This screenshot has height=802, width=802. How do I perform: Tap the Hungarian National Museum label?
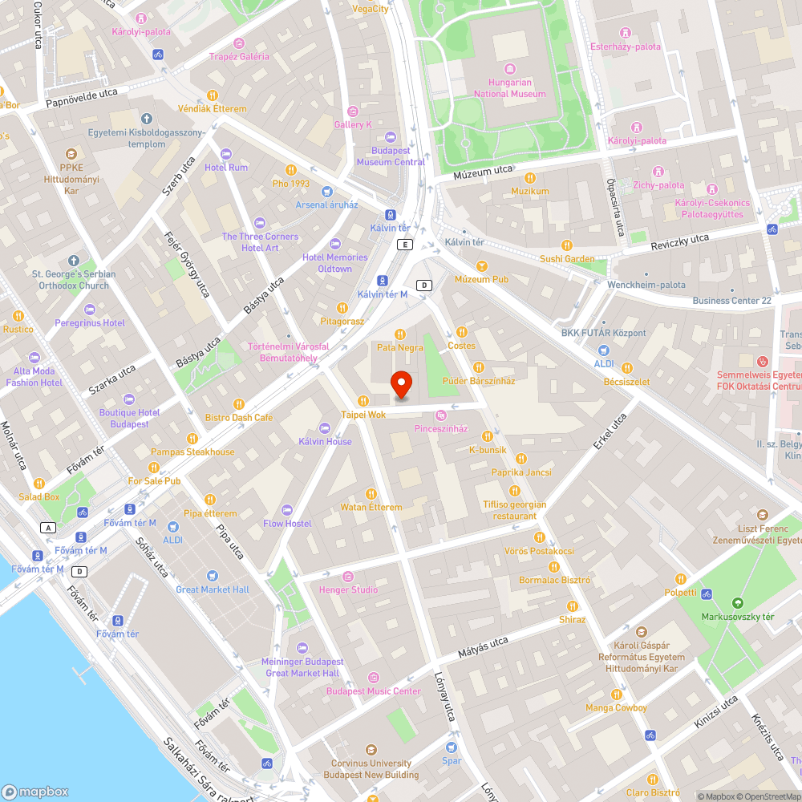(x=510, y=87)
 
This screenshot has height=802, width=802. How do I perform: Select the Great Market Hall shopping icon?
(x=212, y=575)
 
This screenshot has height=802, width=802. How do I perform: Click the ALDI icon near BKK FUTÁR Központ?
(x=604, y=350)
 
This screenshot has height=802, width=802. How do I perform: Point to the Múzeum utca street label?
(x=482, y=170)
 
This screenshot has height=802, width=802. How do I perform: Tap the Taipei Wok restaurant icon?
(x=363, y=400)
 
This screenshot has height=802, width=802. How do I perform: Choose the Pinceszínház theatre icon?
(x=440, y=415)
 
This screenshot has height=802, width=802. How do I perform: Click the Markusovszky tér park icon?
(x=738, y=602)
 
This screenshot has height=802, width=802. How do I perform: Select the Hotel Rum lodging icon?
(x=225, y=153)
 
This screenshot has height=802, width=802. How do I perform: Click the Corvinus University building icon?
(x=371, y=749)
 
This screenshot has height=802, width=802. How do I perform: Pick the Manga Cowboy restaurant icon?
(x=616, y=694)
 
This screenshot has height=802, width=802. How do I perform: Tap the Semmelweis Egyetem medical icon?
(x=763, y=362)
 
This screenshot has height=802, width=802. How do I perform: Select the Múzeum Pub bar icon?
(x=481, y=265)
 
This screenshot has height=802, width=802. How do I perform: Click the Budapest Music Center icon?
(x=374, y=677)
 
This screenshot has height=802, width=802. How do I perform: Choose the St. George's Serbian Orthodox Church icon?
(x=74, y=261)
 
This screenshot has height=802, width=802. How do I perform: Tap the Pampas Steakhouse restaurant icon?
(x=192, y=438)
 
